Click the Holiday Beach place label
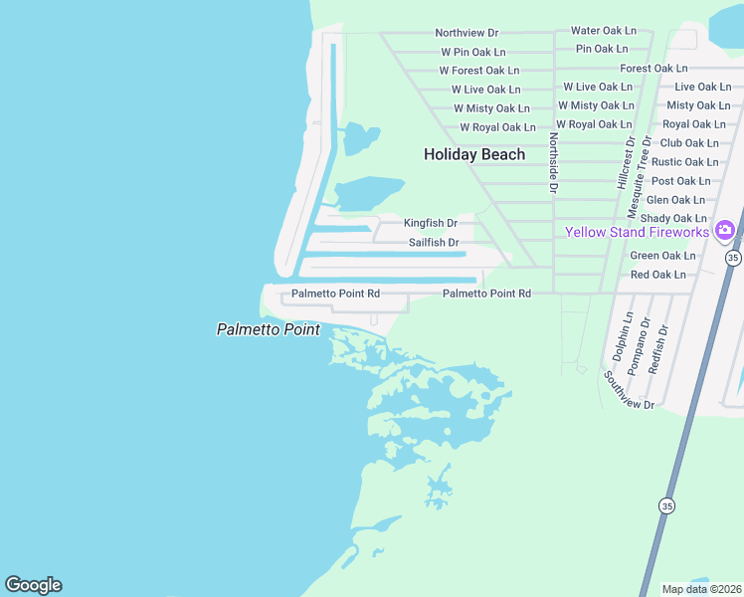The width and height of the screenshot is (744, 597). pyautogui.click(x=474, y=154)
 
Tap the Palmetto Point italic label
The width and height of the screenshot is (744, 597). pyautogui.click(x=269, y=329)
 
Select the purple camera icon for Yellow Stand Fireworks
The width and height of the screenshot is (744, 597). pyautogui.click(x=724, y=231)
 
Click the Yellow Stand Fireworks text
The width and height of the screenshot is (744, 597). pyautogui.click(x=637, y=232)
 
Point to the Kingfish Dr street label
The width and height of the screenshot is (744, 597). pyautogui.click(x=431, y=223)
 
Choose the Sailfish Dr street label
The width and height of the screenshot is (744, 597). pyautogui.click(x=434, y=243)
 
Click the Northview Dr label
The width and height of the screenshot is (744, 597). pyautogui.click(x=466, y=33)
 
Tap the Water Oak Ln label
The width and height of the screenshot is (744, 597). pyautogui.click(x=603, y=31)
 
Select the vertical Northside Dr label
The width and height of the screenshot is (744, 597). pyautogui.click(x=554, y=161)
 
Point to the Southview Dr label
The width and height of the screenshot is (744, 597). pyautogui.click(x=629, y=390)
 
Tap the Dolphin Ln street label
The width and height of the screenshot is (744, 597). pyautogui.click(x=623, y=338)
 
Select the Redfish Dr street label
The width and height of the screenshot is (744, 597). pyautogui.click(x=658, y=348)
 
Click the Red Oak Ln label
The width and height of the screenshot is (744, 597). pyautogui.click(x=658, y=275)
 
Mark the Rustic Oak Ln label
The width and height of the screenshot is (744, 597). pyautogui.click(x=684, y=162)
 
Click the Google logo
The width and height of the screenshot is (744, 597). pyautogui.click(x=33, y=585)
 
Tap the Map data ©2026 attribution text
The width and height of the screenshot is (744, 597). pyautogui.click(x=701, y=589)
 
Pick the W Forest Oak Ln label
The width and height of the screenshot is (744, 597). pyautogui.click(x=479, y=71)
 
